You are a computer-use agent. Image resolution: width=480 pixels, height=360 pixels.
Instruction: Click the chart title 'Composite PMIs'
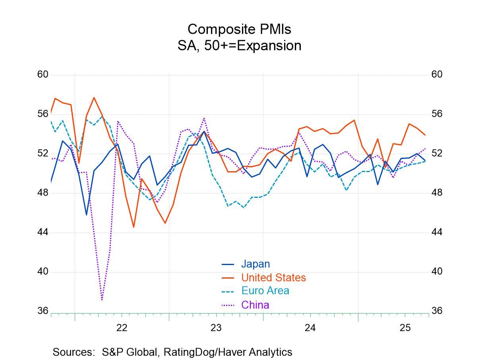tap(239, 29)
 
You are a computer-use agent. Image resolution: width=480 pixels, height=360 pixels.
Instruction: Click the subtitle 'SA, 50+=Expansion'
tap(239, 46)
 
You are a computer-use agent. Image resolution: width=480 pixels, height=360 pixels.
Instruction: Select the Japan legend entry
tap(255, 264)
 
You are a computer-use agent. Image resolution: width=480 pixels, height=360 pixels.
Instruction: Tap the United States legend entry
tap(273, 277)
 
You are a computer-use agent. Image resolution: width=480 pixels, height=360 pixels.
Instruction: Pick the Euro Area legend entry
tap(265, 290)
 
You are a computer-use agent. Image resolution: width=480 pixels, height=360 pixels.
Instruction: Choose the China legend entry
tap(255, 305)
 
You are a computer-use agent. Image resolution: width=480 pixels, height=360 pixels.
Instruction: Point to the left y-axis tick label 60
tap(43, 75)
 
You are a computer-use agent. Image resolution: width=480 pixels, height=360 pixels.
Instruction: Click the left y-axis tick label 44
tap(43, 232)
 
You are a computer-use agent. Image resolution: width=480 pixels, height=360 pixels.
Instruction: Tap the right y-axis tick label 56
tap(437, 114)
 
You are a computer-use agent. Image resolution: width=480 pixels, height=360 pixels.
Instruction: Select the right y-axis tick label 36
tap(437, 311)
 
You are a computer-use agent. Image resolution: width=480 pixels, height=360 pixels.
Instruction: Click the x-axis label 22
tap(122, 328)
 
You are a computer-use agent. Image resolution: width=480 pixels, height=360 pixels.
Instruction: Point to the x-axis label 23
tap(216, 328)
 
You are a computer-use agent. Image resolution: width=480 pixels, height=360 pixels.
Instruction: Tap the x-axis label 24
tap(310, 328)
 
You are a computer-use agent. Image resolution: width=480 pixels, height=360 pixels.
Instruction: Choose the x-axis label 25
tap(405, 328)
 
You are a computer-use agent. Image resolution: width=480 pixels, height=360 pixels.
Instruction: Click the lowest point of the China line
tap(102, 300)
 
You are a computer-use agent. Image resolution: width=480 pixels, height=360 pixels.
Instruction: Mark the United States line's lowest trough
tap(134, 227)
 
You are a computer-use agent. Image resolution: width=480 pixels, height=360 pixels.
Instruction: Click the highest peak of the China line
tap(204, 118)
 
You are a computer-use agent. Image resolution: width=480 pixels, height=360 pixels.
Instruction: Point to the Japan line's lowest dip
tap(86, 215)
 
